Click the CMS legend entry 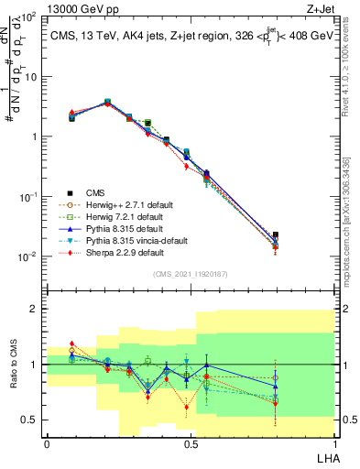point(94,192)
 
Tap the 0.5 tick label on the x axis point(191,443)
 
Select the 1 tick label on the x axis point(334,443)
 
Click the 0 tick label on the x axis point(47,443)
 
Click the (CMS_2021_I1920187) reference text point(191,274)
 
